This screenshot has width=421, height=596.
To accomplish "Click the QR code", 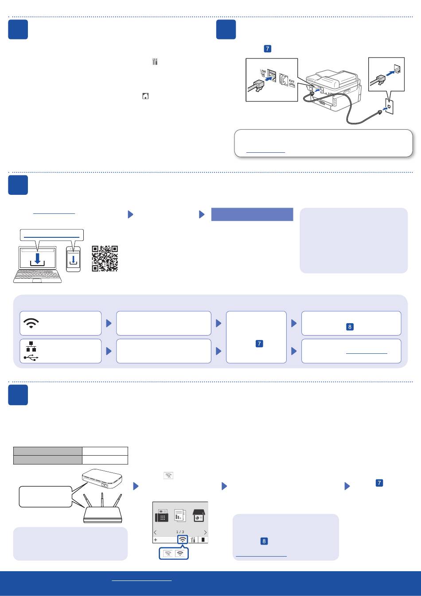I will point(105,259).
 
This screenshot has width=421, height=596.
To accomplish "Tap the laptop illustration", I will point(38,264).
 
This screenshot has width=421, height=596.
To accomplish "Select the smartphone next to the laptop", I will point(74,259).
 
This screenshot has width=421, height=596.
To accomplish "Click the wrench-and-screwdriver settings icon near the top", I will point(155,62).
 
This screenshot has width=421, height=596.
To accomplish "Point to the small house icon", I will point(145,96).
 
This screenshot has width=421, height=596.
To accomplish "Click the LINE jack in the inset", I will point(272,76).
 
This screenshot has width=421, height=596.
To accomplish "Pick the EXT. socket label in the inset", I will point(292,82).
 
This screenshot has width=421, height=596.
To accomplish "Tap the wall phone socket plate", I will point(389,107).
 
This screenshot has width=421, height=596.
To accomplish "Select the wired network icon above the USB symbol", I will point(31,346).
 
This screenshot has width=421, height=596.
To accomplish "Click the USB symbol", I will point(31,357).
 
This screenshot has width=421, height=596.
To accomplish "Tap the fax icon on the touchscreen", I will point(162,516).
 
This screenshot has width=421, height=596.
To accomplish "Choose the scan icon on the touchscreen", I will point(198,516).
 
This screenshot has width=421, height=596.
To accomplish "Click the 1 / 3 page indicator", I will point(180,532).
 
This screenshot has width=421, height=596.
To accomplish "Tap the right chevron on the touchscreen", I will point(205,532).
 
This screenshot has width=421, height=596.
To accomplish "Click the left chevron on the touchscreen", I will point(155,532).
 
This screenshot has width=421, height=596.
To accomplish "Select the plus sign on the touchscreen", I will point(156,540).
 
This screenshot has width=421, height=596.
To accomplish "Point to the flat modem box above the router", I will point(102,479).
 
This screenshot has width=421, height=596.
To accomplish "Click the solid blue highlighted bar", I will point(252,214).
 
